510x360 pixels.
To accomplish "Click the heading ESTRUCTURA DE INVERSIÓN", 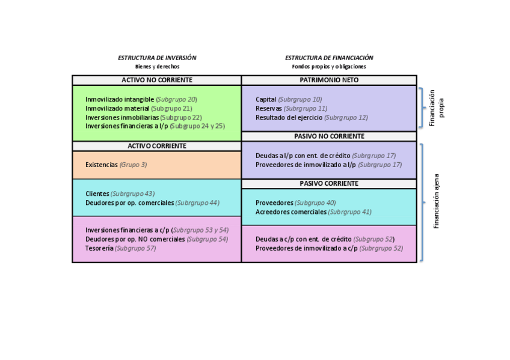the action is pyautogui.click(x=157, y=58).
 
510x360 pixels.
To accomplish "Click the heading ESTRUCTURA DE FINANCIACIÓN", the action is pyautogui.click(x=329, y=58).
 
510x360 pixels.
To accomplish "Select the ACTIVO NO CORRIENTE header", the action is pyautogui.click(x=157, y=80).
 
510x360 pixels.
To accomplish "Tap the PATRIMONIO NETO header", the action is pyautogui.click(x=329, y=80).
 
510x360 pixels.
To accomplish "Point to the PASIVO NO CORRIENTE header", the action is pyautogui.click(x=329, y=136).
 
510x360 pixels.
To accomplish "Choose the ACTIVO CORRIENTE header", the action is pyautogui.click(x=157, y=146).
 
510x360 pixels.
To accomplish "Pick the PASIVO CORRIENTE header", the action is pyautogui.click(x=329, y=183).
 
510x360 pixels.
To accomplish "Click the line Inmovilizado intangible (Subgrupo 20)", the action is pyautogui.click(x=141, y=99).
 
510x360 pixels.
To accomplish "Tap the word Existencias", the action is pyautogui.click(x=102, y=164).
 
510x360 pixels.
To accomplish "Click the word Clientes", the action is pyautogui.click(x=97, y=194).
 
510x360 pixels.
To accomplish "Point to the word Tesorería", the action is pyautogui.click(x=99, y=248).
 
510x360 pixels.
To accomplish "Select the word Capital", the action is pyautogui.click(x=266, y=99).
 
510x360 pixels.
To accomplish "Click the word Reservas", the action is pyautogui.click(x=269, y=108).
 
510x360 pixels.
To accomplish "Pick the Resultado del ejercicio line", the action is pyautogui.click(x=289, y=117).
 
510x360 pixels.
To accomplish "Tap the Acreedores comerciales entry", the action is pyautogui.click(x=291, y=212).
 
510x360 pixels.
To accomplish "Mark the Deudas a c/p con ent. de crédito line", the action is pyautogui.click(x=304, y=239).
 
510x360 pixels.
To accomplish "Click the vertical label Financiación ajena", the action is pyautogui.click(x=437, y=201).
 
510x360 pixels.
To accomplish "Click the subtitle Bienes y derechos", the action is pyautogui.click(x=157, y=67).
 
